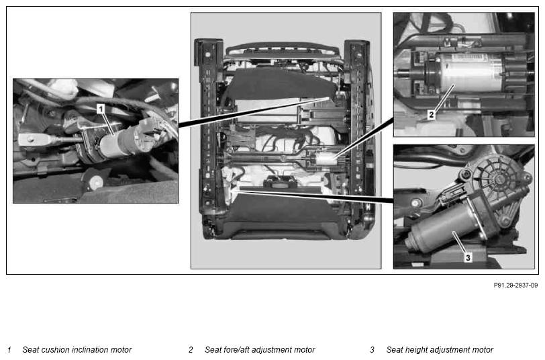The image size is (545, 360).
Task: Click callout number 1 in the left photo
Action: pos(101,109)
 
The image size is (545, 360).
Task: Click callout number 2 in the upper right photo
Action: pos(432,114)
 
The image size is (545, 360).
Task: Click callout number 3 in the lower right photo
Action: pos(468,257)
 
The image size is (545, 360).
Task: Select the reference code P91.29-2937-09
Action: pos(515,285)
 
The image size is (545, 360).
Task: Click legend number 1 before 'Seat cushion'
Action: pos(9,349)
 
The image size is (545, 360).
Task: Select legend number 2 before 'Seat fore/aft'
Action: pos(191,349)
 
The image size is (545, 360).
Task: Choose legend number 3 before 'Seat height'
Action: pos(373,349)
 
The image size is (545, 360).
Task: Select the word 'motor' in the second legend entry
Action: pos(304,349)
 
